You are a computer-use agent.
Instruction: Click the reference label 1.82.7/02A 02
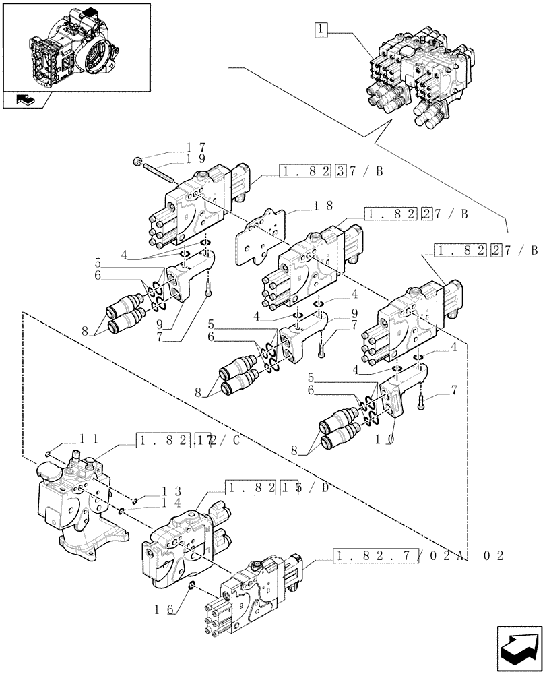coord(418,556)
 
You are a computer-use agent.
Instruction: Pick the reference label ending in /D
coord(277,488)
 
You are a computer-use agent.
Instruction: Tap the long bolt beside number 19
coord(158,173)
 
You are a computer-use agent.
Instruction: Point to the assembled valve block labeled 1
coord(418,74)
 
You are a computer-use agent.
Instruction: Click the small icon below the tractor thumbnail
coord(27,100)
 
